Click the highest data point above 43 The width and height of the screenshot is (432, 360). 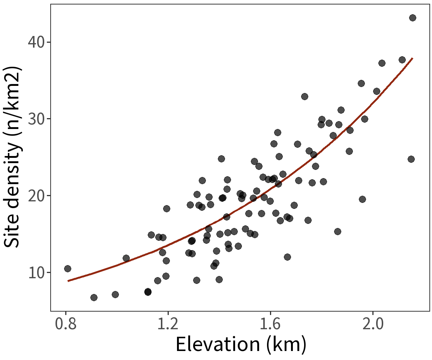point(412,18)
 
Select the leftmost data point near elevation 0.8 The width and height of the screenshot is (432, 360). point(67,268)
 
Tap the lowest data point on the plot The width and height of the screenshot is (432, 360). point(94,297)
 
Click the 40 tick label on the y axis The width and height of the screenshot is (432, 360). point(37,42)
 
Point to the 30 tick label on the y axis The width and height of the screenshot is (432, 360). point(37,119)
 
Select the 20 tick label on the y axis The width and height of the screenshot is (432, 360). point(37,196)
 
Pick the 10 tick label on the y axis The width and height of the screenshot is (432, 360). point(37,273)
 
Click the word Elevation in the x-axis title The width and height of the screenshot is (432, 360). point(217,345)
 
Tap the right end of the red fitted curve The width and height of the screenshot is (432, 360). point(412,58)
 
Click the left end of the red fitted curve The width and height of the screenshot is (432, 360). point(68,280)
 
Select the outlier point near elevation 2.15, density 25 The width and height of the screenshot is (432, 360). point(411,159)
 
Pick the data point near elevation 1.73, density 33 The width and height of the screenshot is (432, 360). point(304,96)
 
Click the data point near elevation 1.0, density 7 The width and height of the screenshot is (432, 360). point(115,294)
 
